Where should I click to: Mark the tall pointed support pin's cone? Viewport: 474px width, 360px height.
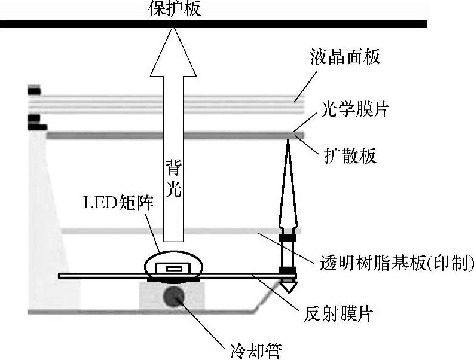tap(288, 179)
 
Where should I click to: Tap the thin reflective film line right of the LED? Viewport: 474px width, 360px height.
tap(239, 275)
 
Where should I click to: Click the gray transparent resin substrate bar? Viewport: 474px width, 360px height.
tap(167, 231)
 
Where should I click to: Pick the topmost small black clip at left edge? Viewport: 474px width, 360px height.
tap(34, 91)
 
